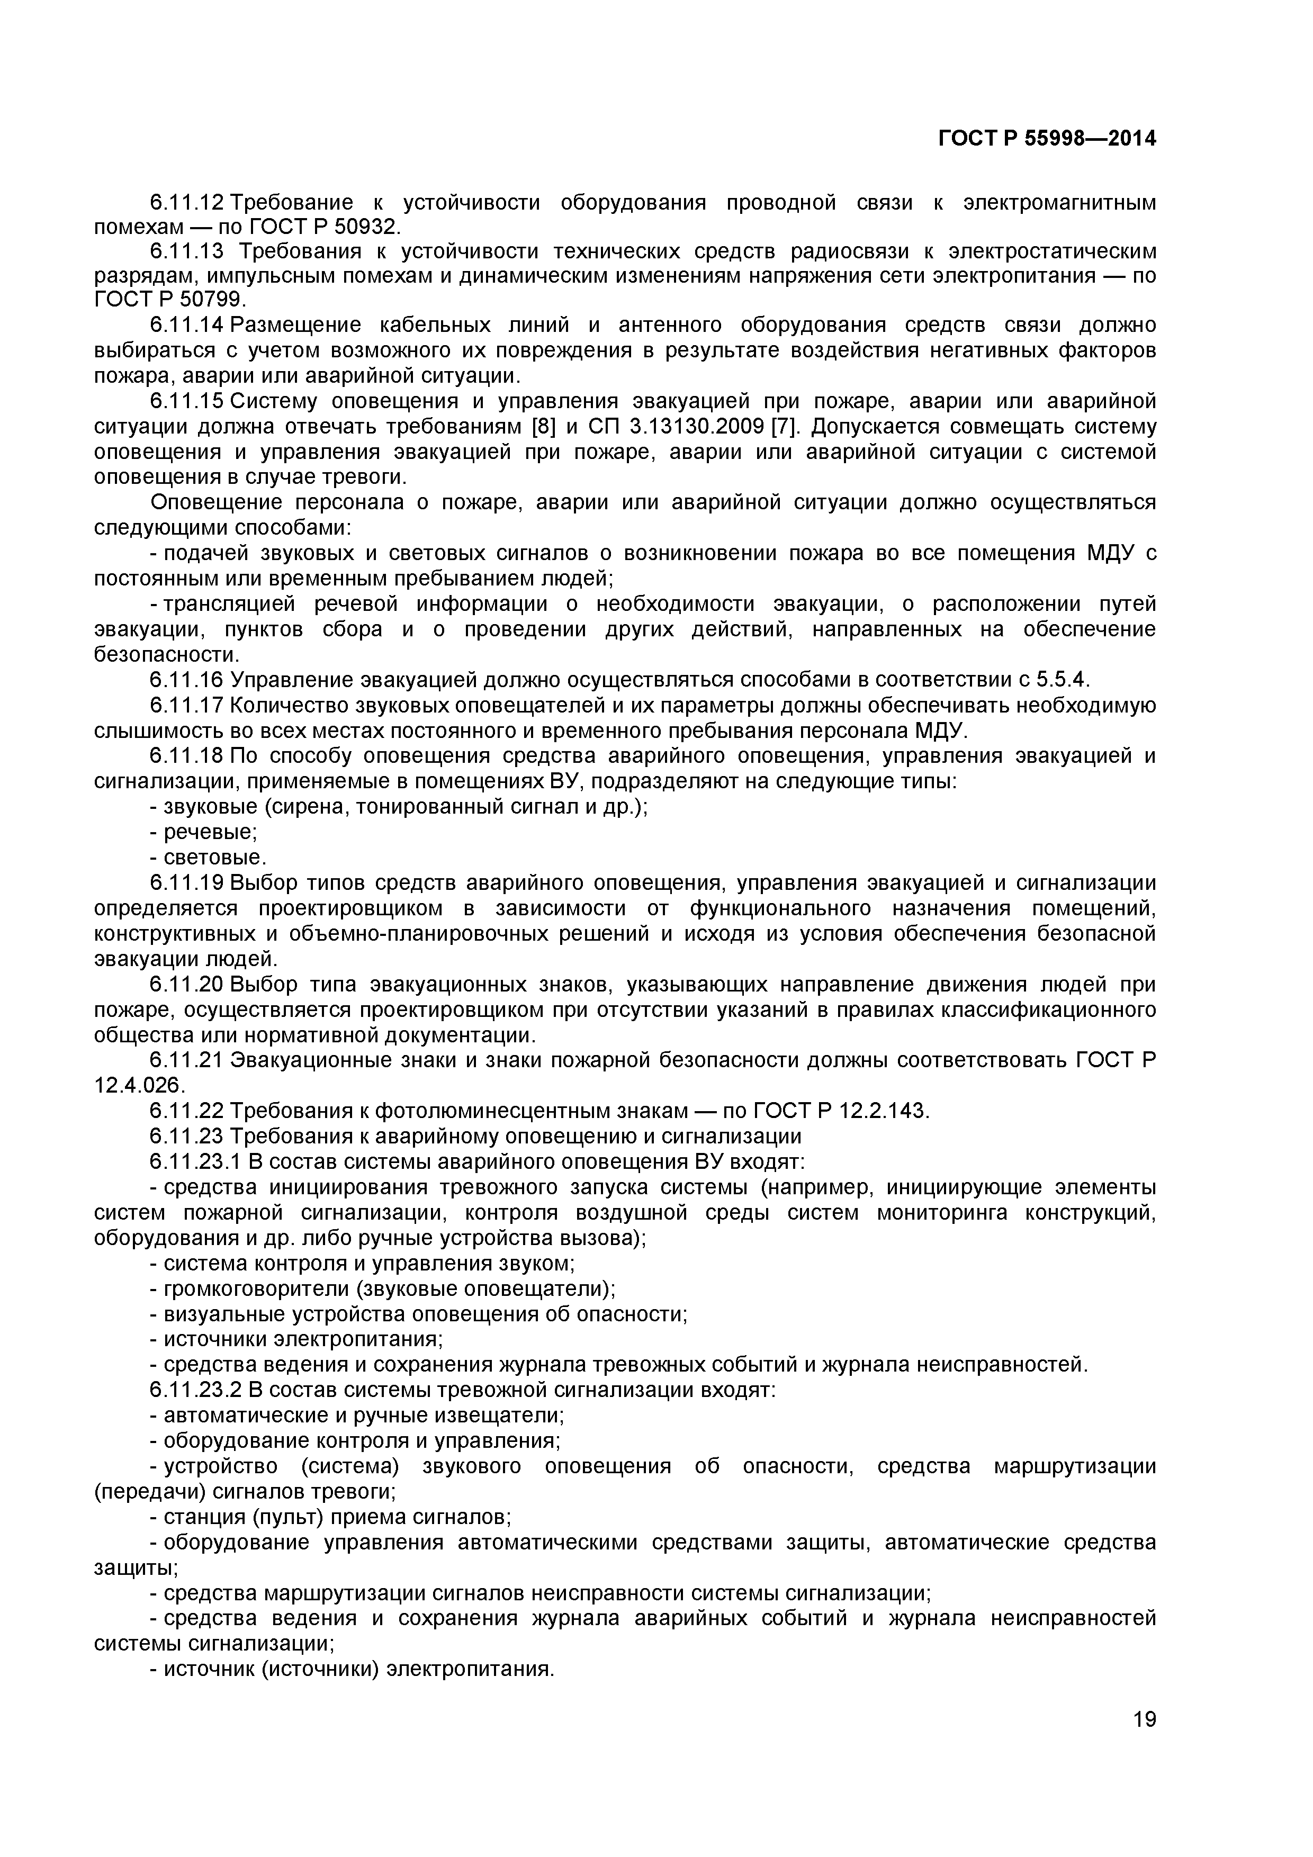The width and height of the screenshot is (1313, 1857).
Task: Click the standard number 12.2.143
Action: click(884, 1111)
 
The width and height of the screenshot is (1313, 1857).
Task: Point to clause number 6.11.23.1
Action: click(195, 1161)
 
